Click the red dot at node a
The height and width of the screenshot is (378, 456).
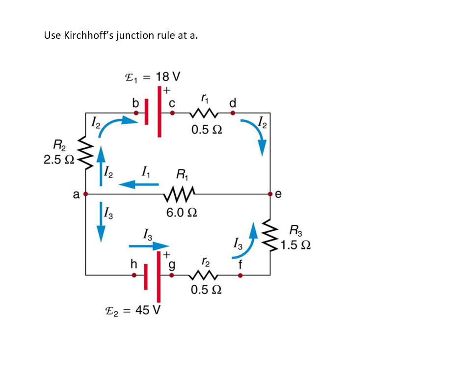coord(86,194)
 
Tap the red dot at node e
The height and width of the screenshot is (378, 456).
coord(270,194)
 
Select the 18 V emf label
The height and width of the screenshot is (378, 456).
coord(152,77)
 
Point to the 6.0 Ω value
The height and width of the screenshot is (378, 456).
coord(182,213)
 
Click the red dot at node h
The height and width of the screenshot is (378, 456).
coord(134,275)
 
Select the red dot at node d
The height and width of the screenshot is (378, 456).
coord(233,113)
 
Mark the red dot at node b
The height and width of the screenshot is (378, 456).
coord(136,113)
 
